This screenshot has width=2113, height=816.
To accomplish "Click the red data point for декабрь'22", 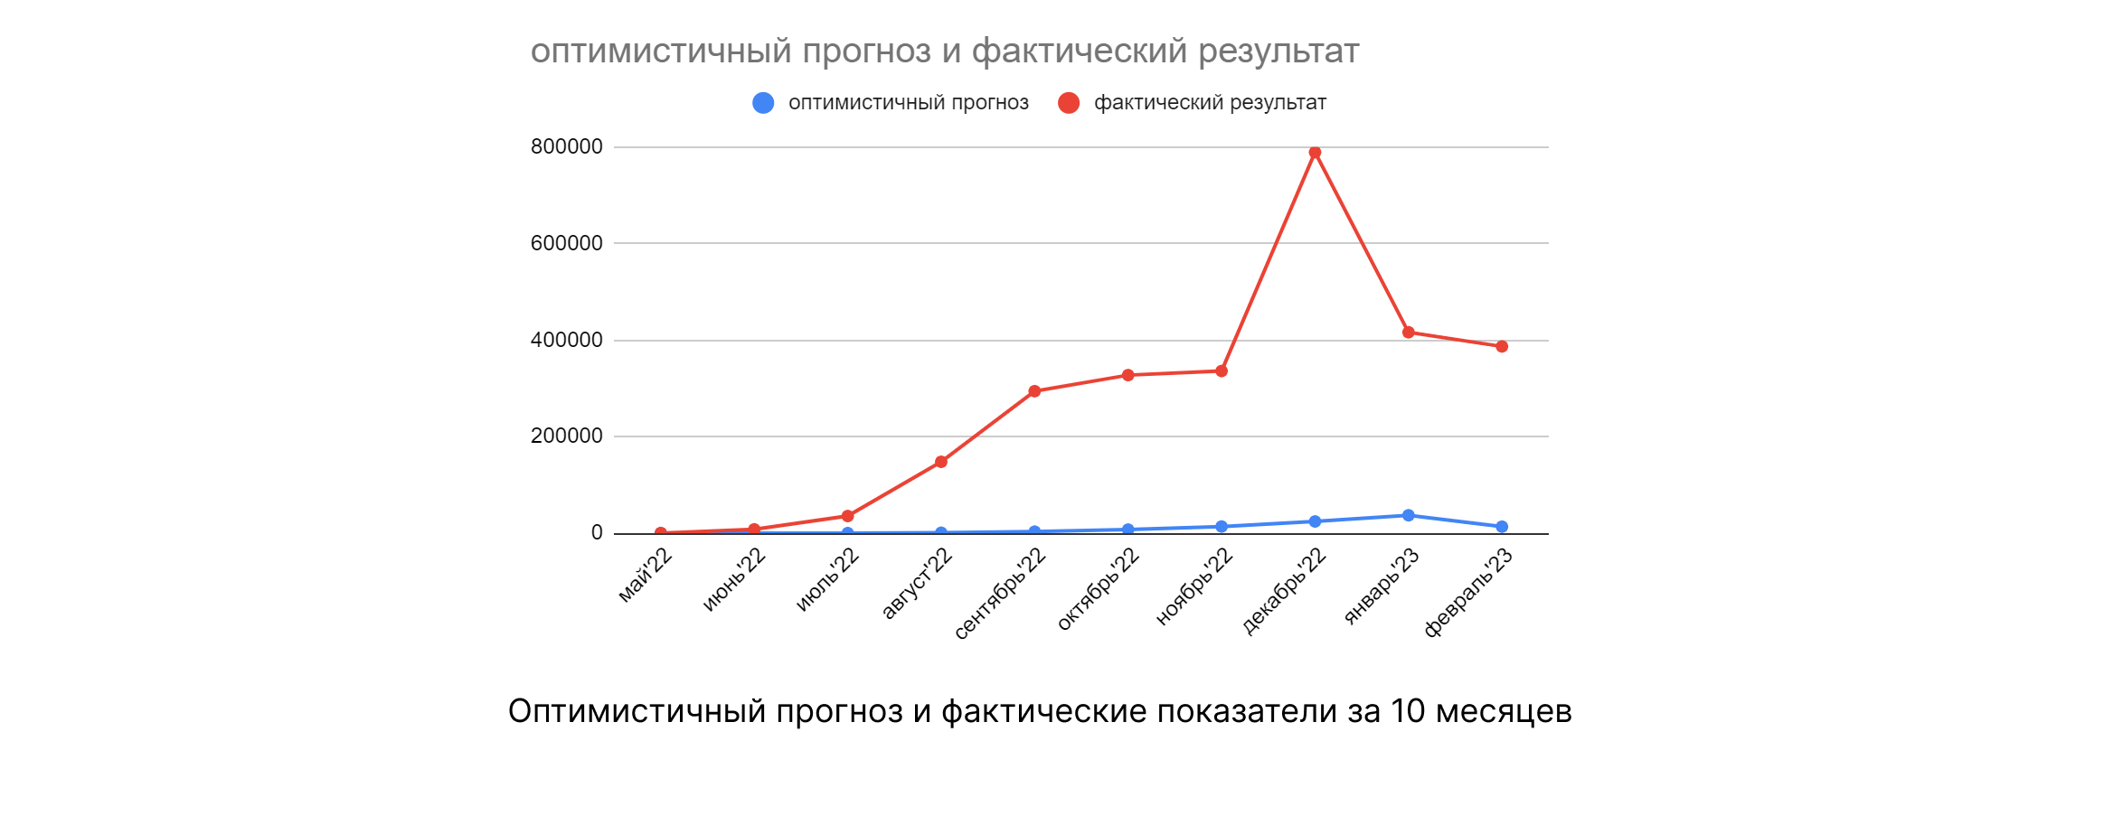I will click(1315, 153).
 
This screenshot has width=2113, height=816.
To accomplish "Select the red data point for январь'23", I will click(1408, 333).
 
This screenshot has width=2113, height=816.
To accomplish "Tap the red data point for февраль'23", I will click(1502, 346).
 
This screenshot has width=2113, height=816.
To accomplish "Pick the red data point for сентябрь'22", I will click(1034, 391).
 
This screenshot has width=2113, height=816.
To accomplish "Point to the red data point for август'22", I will click(941, 462).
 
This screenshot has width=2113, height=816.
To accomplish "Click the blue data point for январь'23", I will click(1408, 515).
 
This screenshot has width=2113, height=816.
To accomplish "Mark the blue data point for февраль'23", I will click(1502, 527).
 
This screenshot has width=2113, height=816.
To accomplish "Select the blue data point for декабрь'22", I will click(1315, 521).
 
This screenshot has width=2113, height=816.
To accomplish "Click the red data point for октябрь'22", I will click(1127, 375).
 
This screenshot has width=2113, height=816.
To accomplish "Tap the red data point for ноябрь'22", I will click(1222, 370).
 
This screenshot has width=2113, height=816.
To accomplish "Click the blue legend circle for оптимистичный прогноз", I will click(763, 103).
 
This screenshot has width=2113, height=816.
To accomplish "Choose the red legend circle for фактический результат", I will click(1069, 103).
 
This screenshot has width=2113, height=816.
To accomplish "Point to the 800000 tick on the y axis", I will click(566, 146).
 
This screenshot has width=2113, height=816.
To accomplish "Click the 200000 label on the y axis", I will click(566, 436).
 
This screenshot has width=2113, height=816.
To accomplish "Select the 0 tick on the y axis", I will click(597, 532).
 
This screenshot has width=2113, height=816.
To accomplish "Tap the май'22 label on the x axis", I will click(646, 575).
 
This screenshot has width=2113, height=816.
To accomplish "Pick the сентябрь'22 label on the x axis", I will click(1000, 594).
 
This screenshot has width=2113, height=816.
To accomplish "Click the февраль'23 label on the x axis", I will click(1468, 593).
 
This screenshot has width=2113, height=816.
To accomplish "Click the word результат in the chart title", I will click(1278, 52).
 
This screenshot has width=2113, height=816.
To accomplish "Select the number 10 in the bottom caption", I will click(1408, 711).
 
